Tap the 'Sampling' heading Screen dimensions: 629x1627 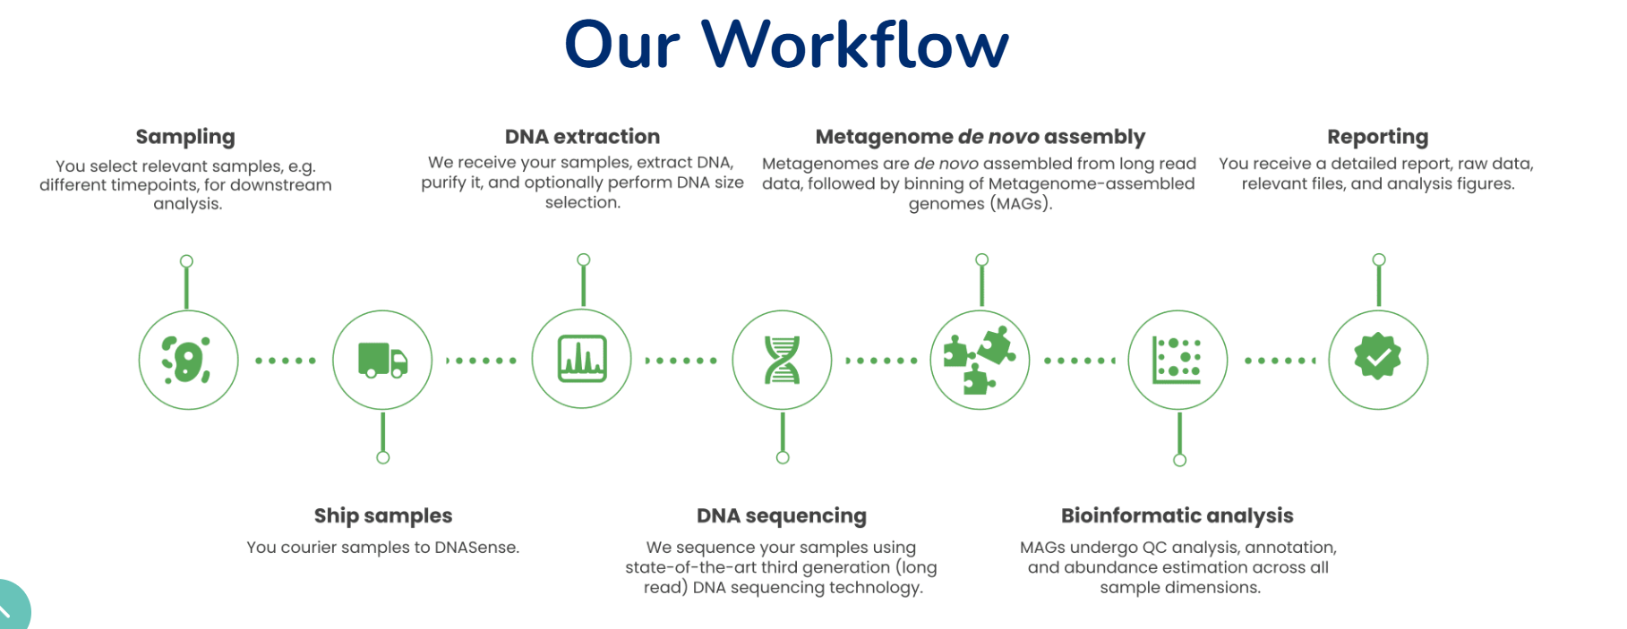coord(185,137)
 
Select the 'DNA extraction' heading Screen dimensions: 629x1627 coord(582,137)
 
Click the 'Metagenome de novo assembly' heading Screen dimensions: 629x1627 coord(980,137)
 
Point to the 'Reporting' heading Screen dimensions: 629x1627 coord(1377,137)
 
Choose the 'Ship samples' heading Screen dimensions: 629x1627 coord(383,515)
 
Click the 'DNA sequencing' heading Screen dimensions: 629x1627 coord(782,515)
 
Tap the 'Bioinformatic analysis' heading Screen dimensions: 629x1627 coord(1177,515)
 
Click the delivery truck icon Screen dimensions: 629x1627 coord(382,360)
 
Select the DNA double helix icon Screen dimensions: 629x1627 coord(782,360)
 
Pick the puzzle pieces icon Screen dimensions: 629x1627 coord(980,360)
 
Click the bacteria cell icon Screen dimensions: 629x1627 coord(187,360)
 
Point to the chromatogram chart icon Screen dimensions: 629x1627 coord(582,359)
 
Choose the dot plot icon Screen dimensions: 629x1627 coord(1177,360)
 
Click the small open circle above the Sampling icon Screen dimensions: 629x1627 coord(186,261)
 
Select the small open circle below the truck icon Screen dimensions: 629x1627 coord(383,457)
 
